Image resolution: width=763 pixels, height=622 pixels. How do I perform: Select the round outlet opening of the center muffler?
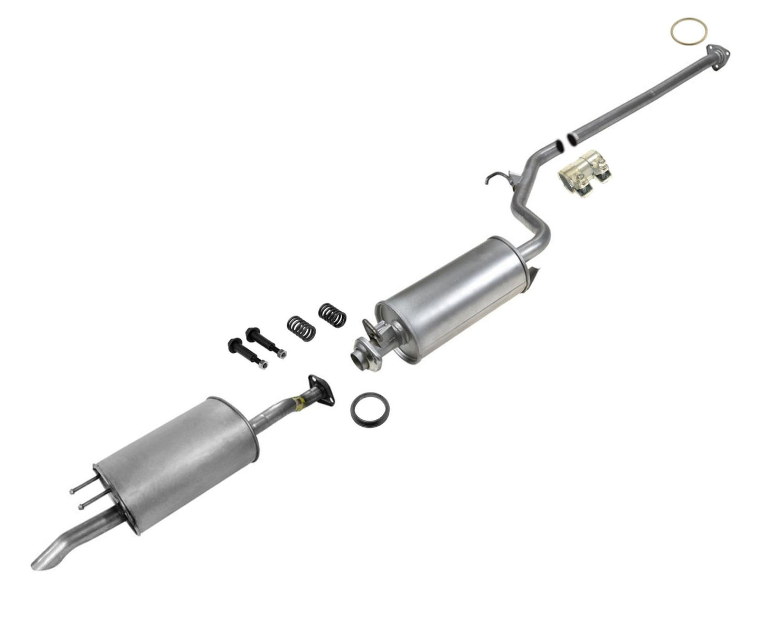coord(359,359)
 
